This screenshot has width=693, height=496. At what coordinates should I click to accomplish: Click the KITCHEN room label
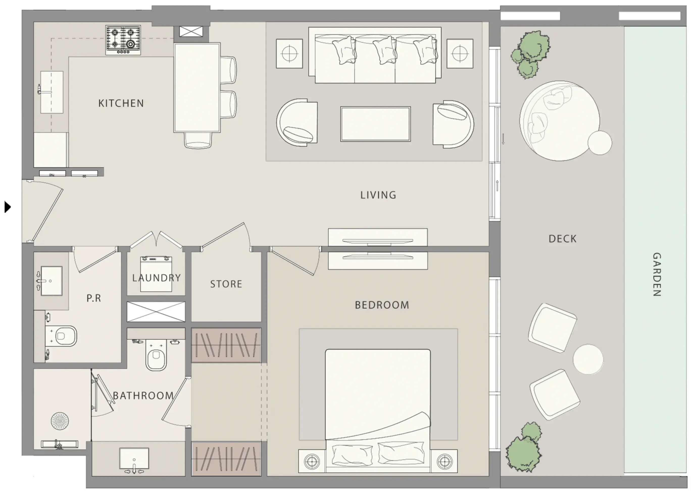(x=121, y=103)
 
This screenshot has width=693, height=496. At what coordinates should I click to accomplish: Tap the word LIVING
(x=378, y=195)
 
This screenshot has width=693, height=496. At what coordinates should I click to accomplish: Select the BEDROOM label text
(x=382, y=305)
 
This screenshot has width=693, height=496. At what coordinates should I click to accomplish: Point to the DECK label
(x=562, y=239)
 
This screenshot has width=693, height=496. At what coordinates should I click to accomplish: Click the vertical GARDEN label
(x=657, y=274)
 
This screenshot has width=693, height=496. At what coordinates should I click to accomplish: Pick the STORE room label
(x=226, y=284)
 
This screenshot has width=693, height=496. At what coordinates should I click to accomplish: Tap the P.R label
(x=93, y=298)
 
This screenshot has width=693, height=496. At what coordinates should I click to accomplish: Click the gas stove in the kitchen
(x=123, y=40)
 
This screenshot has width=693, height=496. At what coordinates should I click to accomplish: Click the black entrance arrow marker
(x=8, y=207)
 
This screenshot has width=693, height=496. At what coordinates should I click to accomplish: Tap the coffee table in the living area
(x=376, y=124)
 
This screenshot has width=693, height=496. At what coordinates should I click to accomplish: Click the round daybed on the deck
(x=559, y=121)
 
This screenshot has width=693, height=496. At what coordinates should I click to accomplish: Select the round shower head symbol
(x=60, y=421)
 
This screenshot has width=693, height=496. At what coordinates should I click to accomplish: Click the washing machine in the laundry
(x=156, y=274)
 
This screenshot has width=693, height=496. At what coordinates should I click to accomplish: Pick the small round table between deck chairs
(x=588, y=359)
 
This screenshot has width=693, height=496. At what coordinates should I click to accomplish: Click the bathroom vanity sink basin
(x=134, y=458)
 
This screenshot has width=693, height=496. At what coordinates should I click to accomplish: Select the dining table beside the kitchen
(x=197, y=88)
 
